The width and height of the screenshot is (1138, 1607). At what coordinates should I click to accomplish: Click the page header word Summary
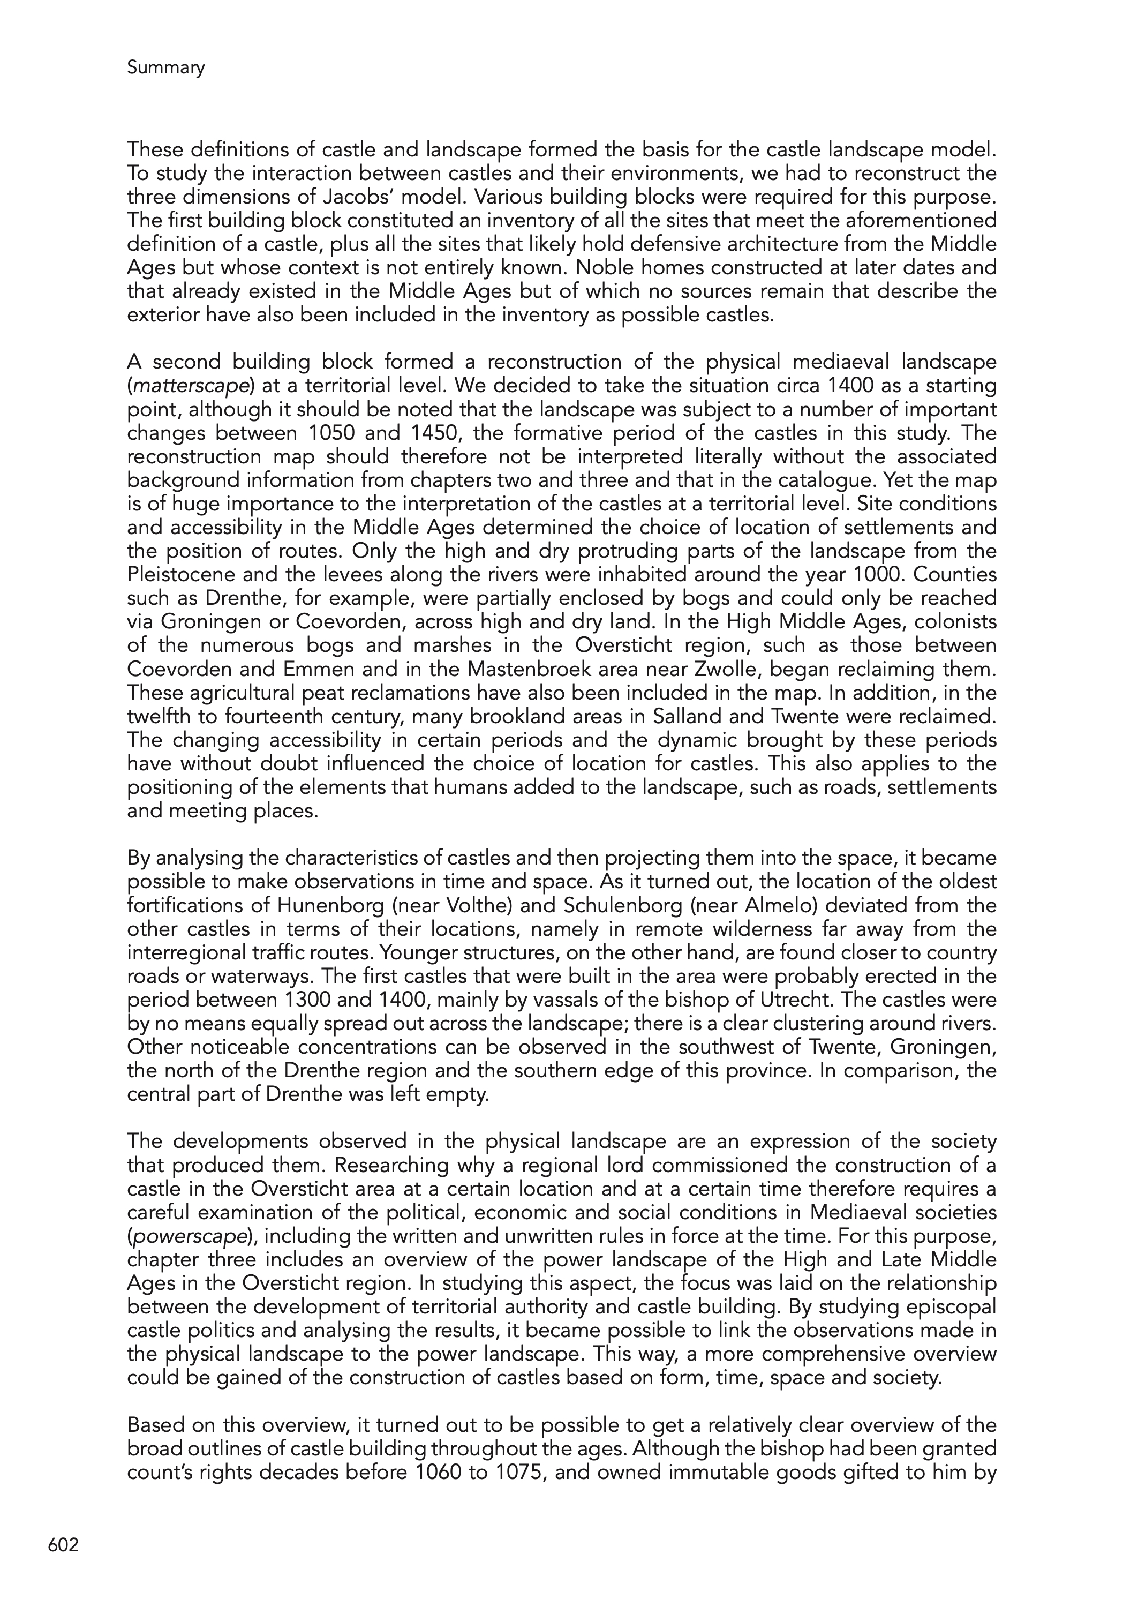pyautogui.click(x=165, y=68)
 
